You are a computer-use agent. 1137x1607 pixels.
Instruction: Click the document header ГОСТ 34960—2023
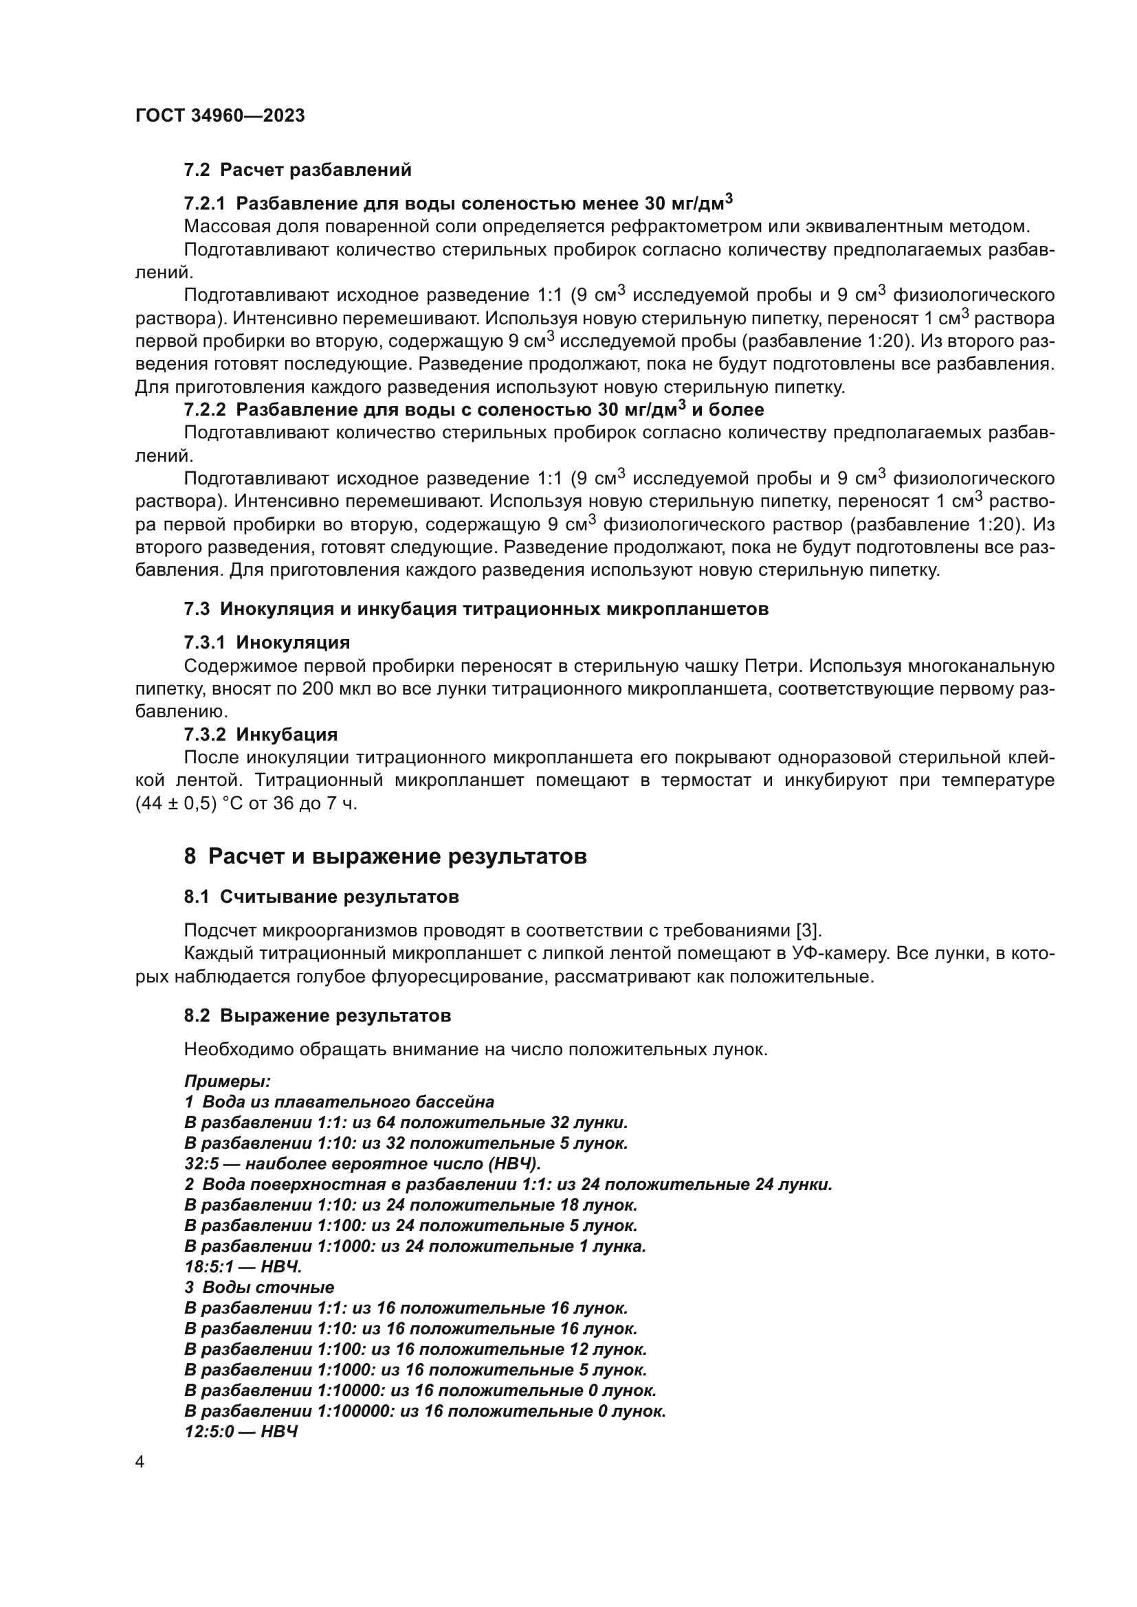point(220,116)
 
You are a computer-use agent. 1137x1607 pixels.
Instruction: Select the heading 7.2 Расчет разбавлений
point(298,170)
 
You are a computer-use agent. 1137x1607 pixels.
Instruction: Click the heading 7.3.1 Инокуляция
point(267,642)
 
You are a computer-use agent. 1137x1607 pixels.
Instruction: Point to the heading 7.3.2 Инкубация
point(261,735)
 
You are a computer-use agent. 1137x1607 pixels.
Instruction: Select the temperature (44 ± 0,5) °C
point(188,804)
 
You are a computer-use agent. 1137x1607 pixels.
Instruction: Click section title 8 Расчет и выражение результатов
point(385,857)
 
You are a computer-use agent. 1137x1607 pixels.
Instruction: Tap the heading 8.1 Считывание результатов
point(321,897)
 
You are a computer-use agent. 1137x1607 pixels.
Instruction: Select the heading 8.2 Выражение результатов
point(317,1016)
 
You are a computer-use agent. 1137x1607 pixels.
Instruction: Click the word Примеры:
point(228,1081)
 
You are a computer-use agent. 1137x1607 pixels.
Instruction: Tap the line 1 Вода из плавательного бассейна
point(340,1102)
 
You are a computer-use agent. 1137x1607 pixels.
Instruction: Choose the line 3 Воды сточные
point(259,1288)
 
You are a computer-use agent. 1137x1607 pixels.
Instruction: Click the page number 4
point(140,1463)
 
